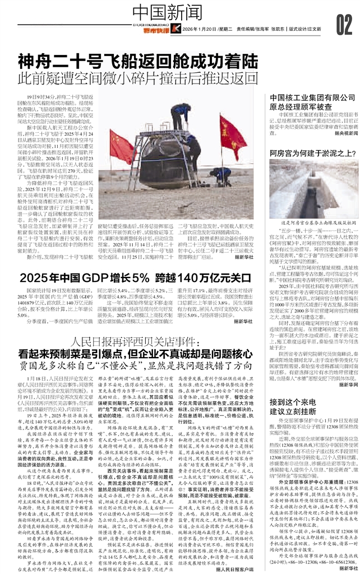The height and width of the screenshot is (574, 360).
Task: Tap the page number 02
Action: click(x=344, y=24)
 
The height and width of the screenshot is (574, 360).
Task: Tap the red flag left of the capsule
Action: click(x=120, y=146)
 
